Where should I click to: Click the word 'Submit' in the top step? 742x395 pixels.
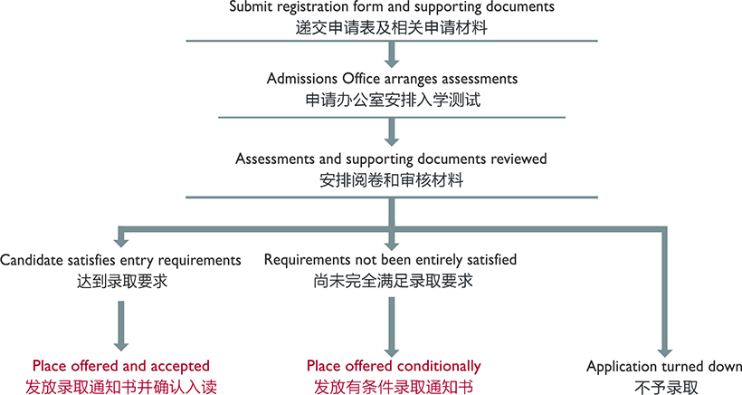pos(251,6)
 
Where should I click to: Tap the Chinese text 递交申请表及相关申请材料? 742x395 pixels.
pos(391,27)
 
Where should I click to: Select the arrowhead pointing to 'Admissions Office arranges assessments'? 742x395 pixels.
pos(391,63)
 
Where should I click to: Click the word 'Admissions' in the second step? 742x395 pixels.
pos(302,78)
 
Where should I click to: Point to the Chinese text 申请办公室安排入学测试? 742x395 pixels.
pos(393,100)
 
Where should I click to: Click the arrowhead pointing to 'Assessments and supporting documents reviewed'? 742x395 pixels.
pos(391,140)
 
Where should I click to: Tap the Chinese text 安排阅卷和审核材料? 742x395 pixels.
pos(391,180)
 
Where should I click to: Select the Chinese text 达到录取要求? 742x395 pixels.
pos(122,282)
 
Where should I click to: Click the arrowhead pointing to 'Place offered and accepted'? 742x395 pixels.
pos(121,346)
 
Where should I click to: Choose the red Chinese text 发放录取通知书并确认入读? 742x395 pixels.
pos(121,387)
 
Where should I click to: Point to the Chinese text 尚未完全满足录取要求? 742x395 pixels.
pos(393,282)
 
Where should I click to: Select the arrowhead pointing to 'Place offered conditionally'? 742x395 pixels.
pos(391,352)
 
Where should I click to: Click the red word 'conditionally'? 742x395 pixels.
pos(438,366)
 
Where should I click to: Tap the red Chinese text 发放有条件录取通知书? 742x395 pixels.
pos(394,387)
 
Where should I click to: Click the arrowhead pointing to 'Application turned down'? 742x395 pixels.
pos(665,352)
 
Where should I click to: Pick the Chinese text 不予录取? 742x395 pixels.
pos(666,387)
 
